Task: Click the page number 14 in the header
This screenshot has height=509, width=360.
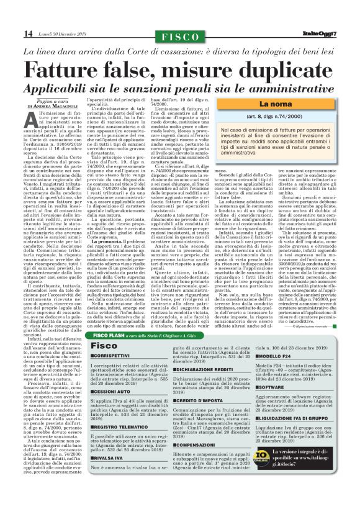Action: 11,33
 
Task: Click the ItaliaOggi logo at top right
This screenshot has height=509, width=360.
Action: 333,33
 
